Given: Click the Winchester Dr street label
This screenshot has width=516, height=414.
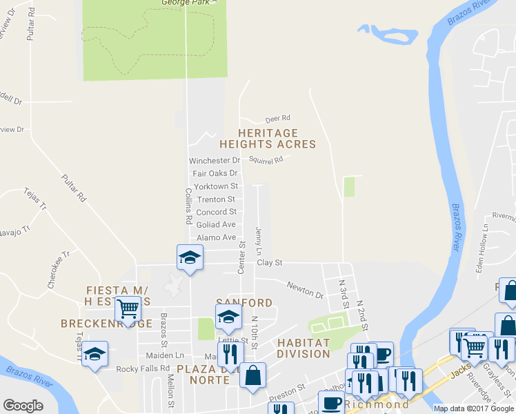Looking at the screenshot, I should pos(215,161).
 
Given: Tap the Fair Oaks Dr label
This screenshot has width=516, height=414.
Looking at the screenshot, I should pos(215,173).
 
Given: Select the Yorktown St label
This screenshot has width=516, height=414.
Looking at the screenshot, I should pos(216,186).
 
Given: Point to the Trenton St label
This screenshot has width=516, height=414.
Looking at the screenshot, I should pos(216,199).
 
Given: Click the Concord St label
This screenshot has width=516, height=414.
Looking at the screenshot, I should pos(216,212).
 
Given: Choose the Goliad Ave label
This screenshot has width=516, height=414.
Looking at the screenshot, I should pos(216,225).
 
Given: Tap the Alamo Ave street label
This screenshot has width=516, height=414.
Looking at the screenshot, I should pos(216,238).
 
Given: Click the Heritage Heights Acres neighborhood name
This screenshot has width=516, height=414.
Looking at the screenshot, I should pos(268,139).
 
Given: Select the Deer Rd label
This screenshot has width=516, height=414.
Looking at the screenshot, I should pos(279,118).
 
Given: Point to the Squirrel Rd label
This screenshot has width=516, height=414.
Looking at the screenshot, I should pos(266,160).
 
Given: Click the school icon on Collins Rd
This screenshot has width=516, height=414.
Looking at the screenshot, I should pos(190,258).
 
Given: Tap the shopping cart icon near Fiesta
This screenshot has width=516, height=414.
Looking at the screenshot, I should pos(128,309).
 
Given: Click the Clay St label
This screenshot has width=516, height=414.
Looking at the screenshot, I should pos(270,263).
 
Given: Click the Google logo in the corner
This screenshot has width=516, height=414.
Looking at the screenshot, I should pos(23,406).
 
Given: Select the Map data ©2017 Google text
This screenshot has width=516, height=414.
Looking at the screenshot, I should pos(473,408).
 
